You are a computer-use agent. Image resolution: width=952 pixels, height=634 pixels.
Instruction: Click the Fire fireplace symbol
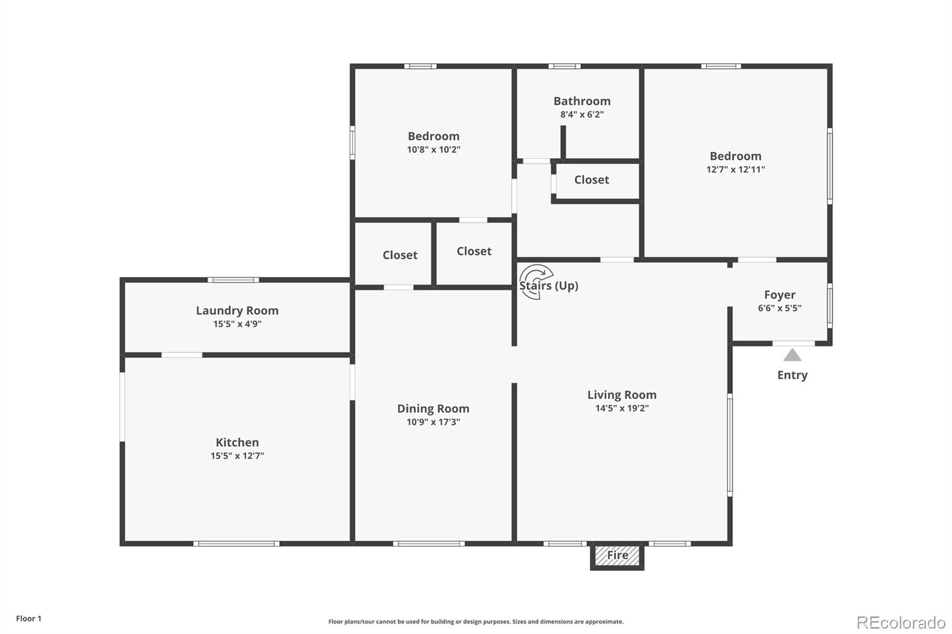click(x=617, y=555)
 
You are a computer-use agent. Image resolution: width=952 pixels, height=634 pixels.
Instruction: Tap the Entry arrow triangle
click(x=792, y=356)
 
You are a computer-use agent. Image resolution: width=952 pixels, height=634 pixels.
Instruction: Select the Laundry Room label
click(x=237, y=310)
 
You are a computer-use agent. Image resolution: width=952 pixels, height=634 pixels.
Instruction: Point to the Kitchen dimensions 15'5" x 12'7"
click(x=237, y=456)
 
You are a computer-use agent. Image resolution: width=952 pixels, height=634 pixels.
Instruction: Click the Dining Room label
click(x=433, y=409)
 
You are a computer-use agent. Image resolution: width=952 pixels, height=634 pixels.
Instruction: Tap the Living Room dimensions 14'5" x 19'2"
click(x=622, y=409)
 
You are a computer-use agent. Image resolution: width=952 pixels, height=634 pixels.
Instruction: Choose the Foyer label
click(x=779, y=295)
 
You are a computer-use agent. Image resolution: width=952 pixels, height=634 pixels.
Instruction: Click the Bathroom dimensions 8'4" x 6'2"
click(x=581, y=115)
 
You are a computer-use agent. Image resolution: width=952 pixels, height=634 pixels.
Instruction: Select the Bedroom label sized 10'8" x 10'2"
click(x=433, y=136)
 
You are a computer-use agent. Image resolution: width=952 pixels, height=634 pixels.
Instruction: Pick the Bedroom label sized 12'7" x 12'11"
click(x=735, y=156)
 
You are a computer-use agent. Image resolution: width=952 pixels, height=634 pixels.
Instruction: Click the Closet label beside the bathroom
click(x=591, y=180)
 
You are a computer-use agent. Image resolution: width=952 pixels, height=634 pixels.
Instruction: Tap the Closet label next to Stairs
click(x=474, y=252)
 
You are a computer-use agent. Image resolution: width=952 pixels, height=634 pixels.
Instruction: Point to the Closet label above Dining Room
click(x=400, y=255)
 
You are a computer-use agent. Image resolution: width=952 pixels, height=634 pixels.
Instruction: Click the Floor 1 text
click(x=29, y=619)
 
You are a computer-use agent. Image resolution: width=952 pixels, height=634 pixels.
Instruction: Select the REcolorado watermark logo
click(x=901, y=623)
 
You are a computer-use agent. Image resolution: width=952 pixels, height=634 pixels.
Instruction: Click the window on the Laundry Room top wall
click(x=233, y=280)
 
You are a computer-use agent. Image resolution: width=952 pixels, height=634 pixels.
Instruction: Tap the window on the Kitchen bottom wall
click(x=236, y=544)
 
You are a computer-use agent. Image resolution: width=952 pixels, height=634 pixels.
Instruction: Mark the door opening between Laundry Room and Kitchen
click(x=182, y=355)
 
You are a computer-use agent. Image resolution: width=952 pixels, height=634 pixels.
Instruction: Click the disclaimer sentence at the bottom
click(x=476, y=622)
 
